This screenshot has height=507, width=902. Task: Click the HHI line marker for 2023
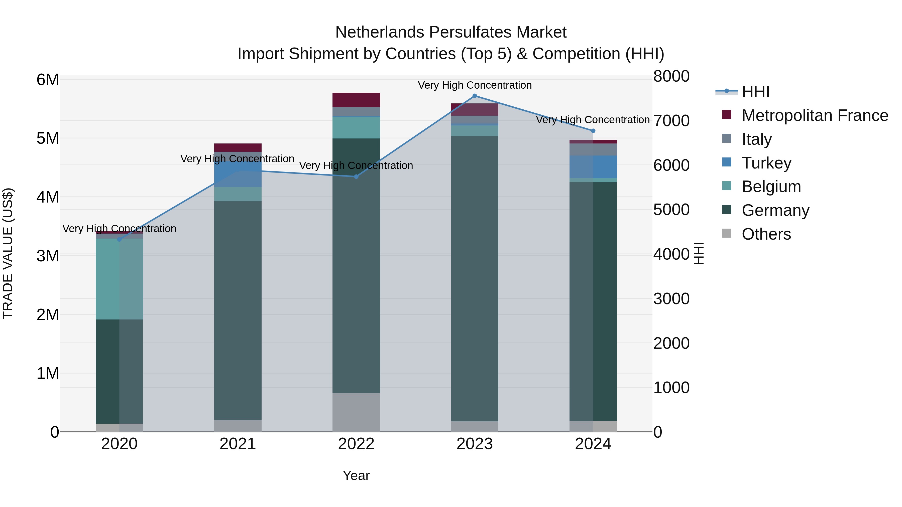(475, 96)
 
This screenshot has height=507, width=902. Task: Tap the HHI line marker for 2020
(120, 239)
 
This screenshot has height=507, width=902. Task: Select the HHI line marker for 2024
(593, 131)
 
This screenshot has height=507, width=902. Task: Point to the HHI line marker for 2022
(356, 177)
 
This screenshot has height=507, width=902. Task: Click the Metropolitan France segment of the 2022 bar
(356, 100)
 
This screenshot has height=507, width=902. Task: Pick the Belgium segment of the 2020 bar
(120, 279)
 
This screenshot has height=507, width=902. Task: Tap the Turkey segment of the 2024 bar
(593, 167)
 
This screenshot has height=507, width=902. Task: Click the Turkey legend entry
(766, 163)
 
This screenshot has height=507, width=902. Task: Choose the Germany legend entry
(775, 210)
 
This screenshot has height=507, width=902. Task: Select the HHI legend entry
(755, 92)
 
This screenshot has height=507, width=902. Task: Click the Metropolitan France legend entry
(815, 115)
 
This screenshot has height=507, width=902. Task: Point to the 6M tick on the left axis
(48, 80)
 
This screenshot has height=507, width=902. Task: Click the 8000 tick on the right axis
(671, 76)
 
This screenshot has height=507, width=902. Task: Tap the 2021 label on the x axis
(238, 444)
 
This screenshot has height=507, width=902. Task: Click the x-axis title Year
(356, 475)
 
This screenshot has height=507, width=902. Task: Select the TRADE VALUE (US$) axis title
(8, 253)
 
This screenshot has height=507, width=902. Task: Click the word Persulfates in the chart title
(471, 32)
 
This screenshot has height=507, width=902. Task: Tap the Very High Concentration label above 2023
(475, 85)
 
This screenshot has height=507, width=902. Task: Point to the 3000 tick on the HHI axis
(671, 299)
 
